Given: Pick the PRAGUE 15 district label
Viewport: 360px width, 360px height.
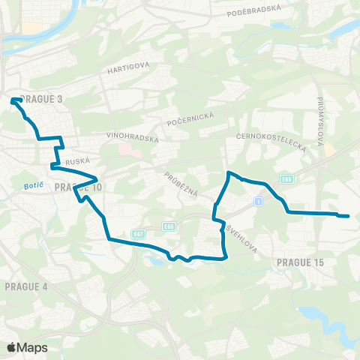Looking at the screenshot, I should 300,262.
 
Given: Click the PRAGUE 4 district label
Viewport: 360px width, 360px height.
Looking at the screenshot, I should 26,287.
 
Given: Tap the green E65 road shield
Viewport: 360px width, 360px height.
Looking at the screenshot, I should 286,179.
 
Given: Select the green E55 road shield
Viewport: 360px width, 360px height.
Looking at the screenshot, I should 169,225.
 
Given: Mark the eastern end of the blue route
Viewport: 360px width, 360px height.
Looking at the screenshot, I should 348,217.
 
